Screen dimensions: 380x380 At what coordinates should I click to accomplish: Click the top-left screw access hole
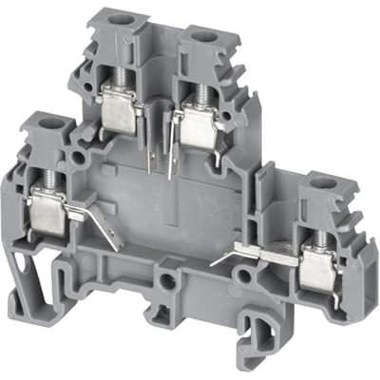(x=123, y=19)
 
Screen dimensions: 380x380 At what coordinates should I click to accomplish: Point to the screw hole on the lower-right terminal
(x=322, y=182)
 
